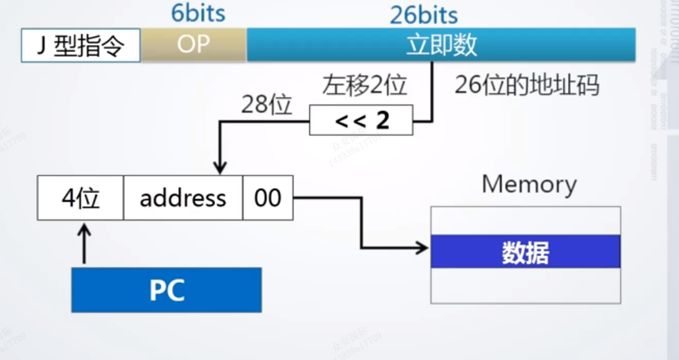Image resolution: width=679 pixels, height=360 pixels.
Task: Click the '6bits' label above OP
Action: (x=198, y=14)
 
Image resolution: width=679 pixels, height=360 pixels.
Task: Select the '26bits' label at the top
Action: (x=424, y=15)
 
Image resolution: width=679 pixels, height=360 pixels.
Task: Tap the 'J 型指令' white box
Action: (x=81, y=45)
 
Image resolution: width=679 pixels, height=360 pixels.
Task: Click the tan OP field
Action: (x=194, y=45)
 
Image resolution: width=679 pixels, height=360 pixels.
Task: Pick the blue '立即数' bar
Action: (x=441, y=45)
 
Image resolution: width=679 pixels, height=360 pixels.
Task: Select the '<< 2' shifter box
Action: (x=361, y=120)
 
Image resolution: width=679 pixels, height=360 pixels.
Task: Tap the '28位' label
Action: (x=267, y=105)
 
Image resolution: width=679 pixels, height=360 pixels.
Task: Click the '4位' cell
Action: (x=80, y=198)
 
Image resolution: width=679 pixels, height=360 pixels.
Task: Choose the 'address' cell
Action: (x=183, y=198)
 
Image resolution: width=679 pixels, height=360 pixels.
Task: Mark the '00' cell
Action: (x=268, y=198)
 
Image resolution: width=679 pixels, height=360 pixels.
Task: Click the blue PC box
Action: (x=166, y=290)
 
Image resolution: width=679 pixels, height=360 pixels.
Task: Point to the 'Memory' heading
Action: (x=529, y=185)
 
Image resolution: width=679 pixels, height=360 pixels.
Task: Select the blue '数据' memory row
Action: (x=525, y=252)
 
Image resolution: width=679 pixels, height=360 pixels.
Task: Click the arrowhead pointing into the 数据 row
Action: (x=422, y=248)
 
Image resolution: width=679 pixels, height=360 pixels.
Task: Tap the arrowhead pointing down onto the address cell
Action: (x=220, y=168)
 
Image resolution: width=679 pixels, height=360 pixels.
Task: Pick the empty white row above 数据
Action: (x=525, y=221)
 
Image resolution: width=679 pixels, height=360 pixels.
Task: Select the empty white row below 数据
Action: (x=525, y=285)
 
